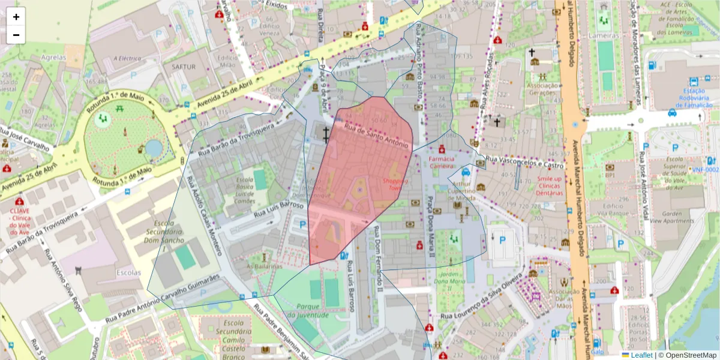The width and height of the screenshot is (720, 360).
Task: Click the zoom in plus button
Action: pos(16,17)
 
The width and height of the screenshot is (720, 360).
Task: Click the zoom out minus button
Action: pos(16,35)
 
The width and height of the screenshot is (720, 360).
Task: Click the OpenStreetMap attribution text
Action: pos(690,355)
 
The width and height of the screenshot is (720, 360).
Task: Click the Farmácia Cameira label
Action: pos(442,163)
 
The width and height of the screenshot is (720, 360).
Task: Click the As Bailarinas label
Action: pos(265,266)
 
